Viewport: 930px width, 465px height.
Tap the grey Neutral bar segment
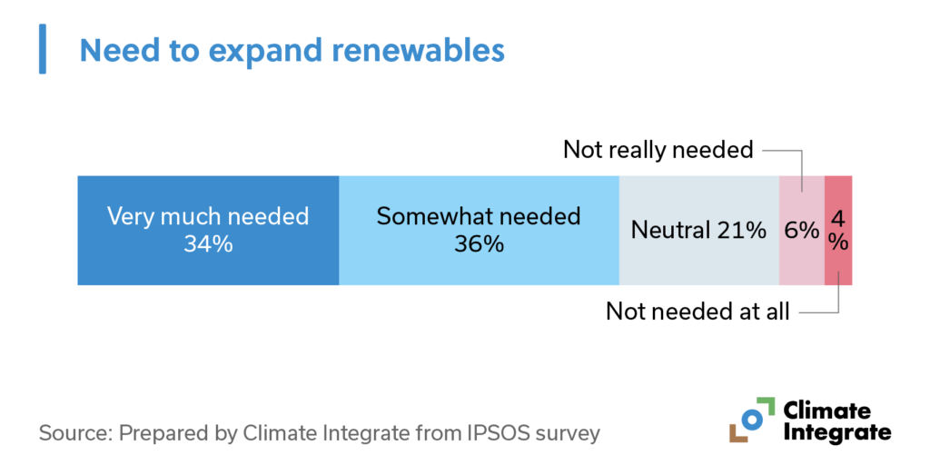(x=698, y=259)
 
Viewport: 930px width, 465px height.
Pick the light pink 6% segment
(x=802, y=259)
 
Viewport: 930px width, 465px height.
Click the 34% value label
(x=208, y=244)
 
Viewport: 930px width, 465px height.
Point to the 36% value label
(x=479, y=244)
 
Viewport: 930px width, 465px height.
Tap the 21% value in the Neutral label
(x=741, y=231)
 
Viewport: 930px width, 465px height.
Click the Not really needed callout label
(x=658, y=149)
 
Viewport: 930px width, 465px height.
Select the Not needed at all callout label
(x=697, y=312)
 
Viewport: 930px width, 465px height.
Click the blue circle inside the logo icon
(x=750, y=419)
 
